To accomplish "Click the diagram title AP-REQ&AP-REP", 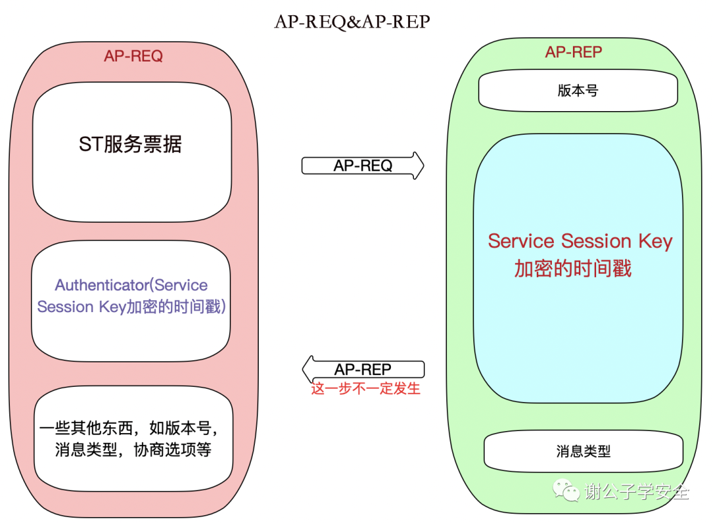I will [x=352, y=22].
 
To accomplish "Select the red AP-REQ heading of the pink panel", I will [x=133, y=56].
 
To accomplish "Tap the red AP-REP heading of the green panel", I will [x=573, y=52].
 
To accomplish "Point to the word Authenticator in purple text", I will [x=102, y=286].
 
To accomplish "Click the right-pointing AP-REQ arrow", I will [x=362, y=165].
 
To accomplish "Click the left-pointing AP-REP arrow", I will [x=363, y=369].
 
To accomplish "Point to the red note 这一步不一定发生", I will [x=366, y=389].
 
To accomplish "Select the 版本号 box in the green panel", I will [x=578, y=91].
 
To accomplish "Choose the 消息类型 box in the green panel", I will [x=583, y=452].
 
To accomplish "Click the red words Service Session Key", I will [x=580, y=241].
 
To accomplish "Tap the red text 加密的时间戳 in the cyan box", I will [x=572, y=268].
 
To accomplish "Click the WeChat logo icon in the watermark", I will [x=566, y=490].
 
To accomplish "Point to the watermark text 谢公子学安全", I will [x=636, y=492].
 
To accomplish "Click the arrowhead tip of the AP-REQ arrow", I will [x=422, y=165].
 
